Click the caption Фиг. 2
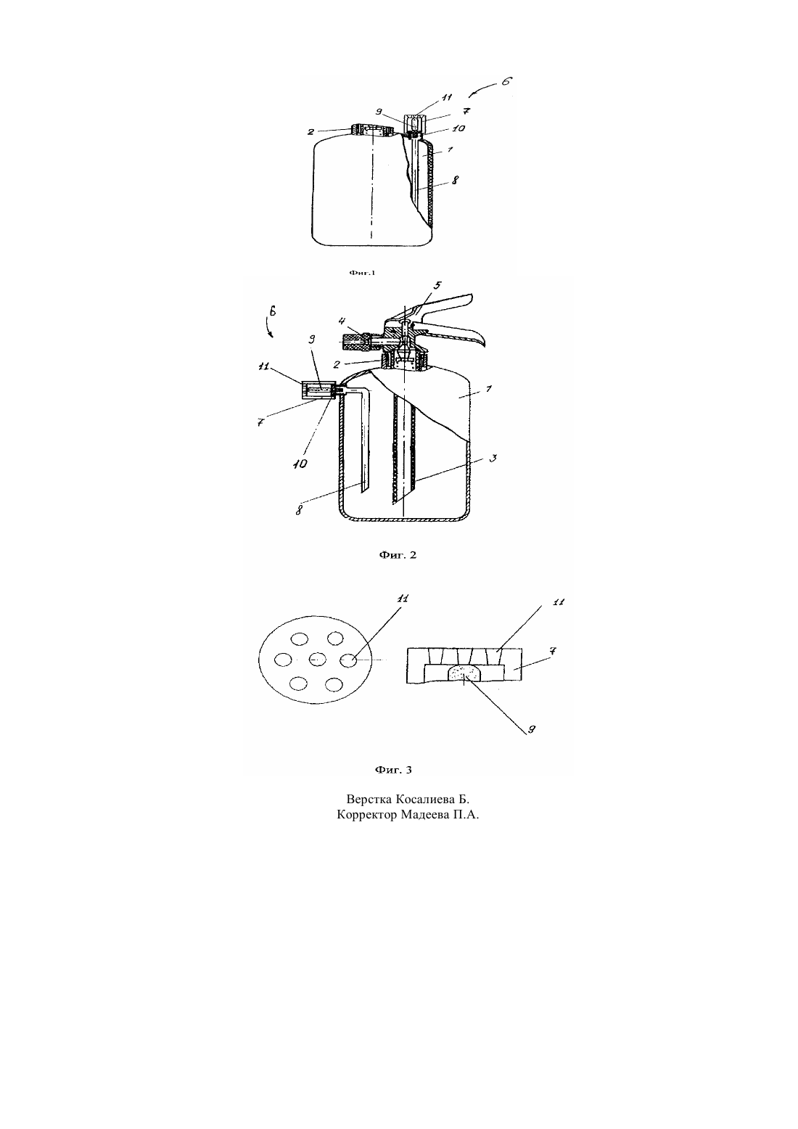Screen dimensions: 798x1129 [398, 555]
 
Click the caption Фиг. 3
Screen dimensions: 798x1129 [393, 770]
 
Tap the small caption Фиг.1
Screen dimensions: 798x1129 [363, 273]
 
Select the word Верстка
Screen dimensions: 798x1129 [369, 799]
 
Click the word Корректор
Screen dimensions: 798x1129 [367, 815]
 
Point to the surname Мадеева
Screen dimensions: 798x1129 [424, 815]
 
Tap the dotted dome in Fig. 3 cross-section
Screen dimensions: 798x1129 [464, 673]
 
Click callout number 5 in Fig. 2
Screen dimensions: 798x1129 [437, 285]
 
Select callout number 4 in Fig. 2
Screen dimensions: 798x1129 [342, 321]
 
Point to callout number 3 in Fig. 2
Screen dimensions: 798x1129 [493, 458]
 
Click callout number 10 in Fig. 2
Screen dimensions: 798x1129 [300, 464]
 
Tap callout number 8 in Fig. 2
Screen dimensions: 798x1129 [299, 509]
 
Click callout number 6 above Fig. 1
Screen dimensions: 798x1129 [507, 81]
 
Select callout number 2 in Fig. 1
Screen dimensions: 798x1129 [310, 132]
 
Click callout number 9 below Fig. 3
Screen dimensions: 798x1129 [531, 729]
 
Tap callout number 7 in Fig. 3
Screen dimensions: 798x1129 [552, 651]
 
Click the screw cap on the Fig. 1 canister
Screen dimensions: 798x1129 [372, 131]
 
